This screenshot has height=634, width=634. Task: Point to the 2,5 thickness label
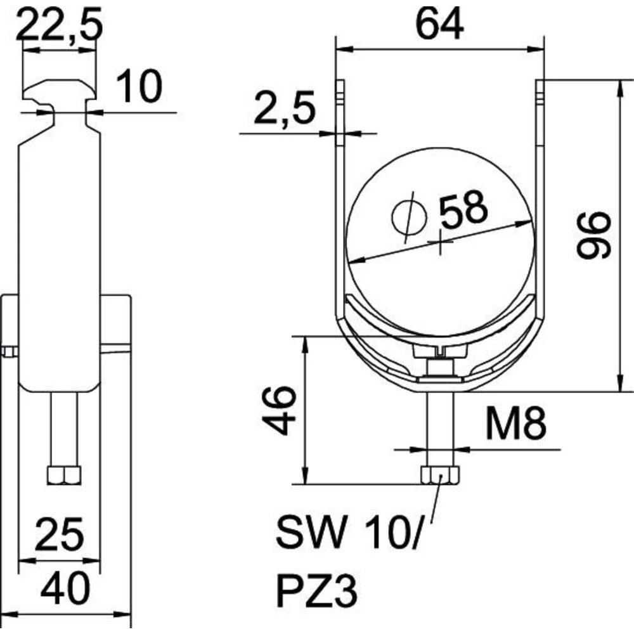pyautogui.click(x=285, y=110)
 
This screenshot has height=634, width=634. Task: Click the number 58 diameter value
pyautogui.click(x=463, y=209)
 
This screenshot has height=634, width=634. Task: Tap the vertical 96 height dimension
pyautogui.click(x=593, y=235)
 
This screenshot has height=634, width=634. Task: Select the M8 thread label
pyautogui.click(x=516, y=424)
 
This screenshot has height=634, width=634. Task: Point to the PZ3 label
pyautogui.click(x=317, y=595)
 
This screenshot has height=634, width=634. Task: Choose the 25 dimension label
pyautogui.click(x=60, y=534)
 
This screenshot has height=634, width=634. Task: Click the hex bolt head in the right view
pyautogui.click(x=439, y=476)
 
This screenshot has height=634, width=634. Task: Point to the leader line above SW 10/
pyautogui.click(x=434, y=507)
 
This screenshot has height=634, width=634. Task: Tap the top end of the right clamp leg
pyautogui.click(x=541, y=85)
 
